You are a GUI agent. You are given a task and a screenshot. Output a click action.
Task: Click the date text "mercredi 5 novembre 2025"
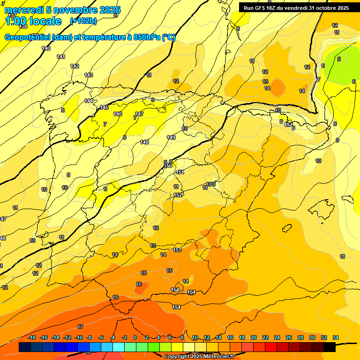[63, 10]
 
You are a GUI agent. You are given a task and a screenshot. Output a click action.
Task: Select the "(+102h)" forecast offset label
[83, 21]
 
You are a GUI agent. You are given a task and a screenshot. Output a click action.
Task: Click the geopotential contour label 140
[46, 48]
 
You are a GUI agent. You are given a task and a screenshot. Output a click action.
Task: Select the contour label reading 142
[75, 66]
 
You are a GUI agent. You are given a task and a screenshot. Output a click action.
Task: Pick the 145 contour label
[104, 107]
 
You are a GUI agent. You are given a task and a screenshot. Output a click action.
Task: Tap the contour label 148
[144, 142]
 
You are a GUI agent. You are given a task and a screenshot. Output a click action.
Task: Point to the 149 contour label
[171, 137]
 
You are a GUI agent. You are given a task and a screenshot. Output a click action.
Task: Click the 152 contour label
[178, 195]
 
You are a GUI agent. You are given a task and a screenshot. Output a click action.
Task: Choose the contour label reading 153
[177, 250]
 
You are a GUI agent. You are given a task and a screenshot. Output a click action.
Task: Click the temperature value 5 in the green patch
[339, 59]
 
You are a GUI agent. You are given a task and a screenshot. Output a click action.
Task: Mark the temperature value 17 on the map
[80, 327]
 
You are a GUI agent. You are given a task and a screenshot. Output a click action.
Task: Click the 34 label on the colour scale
[336, 337]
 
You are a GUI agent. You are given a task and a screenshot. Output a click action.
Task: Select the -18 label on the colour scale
[32, 337]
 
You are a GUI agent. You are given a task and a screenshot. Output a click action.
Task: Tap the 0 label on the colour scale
[135, 337]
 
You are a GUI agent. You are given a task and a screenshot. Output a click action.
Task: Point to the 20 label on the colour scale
[254, 337]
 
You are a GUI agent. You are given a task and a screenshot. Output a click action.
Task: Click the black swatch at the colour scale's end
[330, 347]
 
